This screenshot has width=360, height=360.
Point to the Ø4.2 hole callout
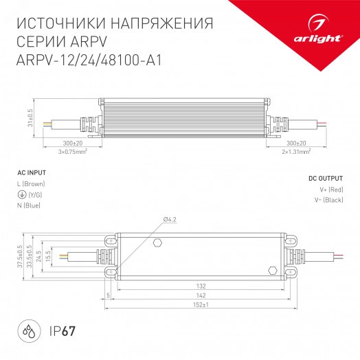tap(170, 219)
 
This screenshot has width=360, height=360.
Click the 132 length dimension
tap(201, 286)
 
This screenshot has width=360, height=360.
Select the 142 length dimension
tap(201, 295)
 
